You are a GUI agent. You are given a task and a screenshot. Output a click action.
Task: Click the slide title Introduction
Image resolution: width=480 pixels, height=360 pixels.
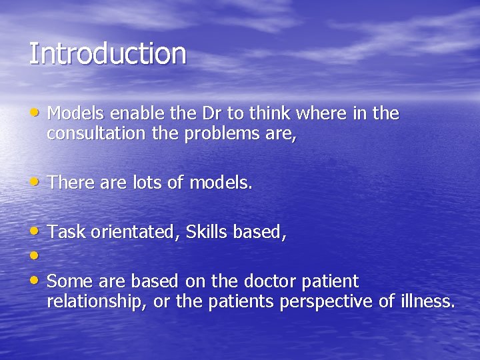[107, 54]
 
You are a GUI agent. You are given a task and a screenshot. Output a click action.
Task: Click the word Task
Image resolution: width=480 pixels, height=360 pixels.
[66, 232]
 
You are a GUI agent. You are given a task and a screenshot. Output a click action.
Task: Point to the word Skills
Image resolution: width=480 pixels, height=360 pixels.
[207, 232]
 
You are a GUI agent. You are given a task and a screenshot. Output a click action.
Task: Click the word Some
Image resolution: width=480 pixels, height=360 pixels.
[68, 281]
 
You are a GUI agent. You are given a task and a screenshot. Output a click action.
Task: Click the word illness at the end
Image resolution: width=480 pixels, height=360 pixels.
[427, 301]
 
